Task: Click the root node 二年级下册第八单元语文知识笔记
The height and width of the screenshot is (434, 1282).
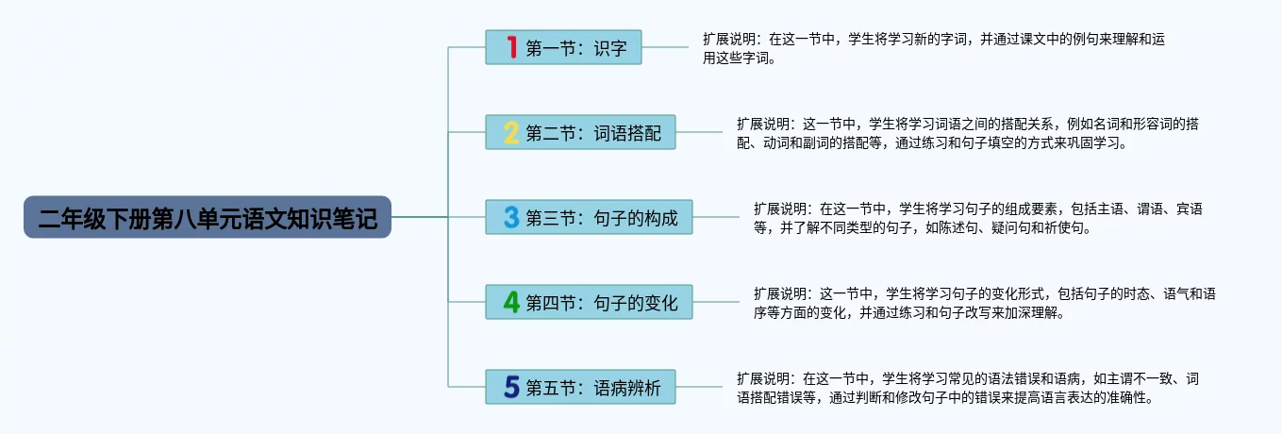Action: click(208, 218)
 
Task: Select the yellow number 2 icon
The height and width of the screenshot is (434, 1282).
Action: click(511, 132)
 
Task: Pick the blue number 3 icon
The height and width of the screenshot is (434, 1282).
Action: click(511, 218)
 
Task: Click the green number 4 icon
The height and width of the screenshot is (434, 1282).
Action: click(511, 302)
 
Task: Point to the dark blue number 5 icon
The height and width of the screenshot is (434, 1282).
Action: click(511, 387)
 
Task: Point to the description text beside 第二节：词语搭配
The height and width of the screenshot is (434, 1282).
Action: click(972, 133)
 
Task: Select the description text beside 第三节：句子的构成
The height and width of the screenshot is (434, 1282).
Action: click(976, 218)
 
